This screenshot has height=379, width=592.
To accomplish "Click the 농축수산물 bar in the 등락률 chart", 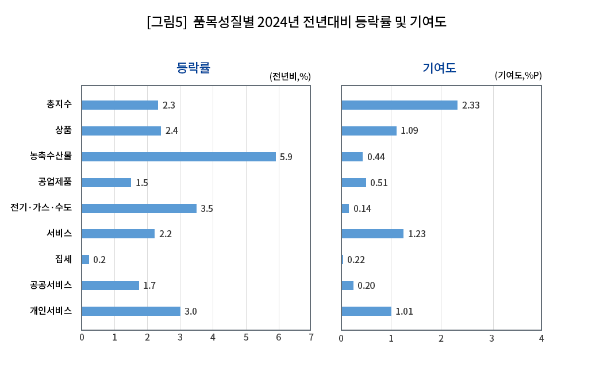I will click(179, 157).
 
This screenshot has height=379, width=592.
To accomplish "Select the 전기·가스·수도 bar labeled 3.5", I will click(139, 208).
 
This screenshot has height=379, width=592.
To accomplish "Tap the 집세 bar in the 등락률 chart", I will click(86, 260).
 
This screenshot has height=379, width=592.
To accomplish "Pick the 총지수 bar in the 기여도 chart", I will click(399, 105).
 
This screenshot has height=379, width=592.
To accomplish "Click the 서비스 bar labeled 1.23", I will click(372, 234).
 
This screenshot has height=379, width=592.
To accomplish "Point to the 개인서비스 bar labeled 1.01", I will click(366, 311).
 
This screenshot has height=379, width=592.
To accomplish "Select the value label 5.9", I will click(286, 157).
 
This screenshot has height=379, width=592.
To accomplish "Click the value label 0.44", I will click(376, 157).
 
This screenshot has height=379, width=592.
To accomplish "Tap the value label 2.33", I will click(471, 105).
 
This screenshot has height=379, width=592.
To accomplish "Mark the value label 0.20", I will click(366, 285).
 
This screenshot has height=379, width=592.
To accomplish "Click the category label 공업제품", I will click(55, 182).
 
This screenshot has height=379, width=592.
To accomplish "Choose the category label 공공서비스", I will click(51, 285).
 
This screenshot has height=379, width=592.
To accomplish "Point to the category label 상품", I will click(64, 130).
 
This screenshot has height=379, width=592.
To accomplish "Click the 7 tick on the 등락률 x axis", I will click(311, 338).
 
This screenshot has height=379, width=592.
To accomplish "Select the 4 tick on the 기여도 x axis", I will click(541, 338).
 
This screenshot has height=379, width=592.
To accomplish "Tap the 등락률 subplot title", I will click(193, 68).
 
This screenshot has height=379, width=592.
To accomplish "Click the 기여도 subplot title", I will click(439, 68).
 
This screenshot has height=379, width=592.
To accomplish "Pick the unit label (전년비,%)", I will click(290, 76).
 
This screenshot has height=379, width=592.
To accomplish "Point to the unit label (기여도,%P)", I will click(518, 75).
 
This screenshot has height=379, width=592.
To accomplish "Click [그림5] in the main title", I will click(167, 22).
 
